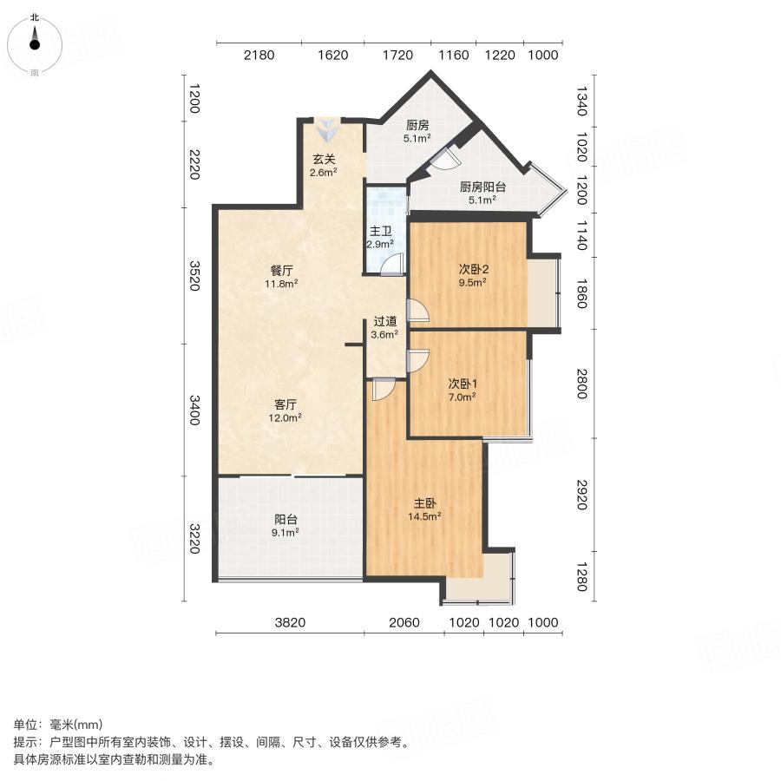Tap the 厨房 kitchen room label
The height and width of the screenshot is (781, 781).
[x=417, y=125]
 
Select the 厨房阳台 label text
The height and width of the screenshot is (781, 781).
[x=482, y=187]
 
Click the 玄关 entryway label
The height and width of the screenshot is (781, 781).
[x=324, y=159]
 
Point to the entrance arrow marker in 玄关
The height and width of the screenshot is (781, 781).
[x=328, y=131]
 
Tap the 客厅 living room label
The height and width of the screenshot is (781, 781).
[x=286, y=404]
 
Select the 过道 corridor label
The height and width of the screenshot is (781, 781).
[x=385, y=320]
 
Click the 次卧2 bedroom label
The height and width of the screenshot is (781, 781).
[x=472, y=268]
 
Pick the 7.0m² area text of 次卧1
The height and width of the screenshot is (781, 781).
[x=461, y=397]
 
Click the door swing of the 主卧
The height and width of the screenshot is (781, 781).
[x=382, y=390]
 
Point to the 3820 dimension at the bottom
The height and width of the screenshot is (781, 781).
[x=290, y=622]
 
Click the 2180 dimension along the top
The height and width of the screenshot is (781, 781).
[x=259, y=56]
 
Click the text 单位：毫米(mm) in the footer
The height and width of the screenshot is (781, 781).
[x=57, y=725]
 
